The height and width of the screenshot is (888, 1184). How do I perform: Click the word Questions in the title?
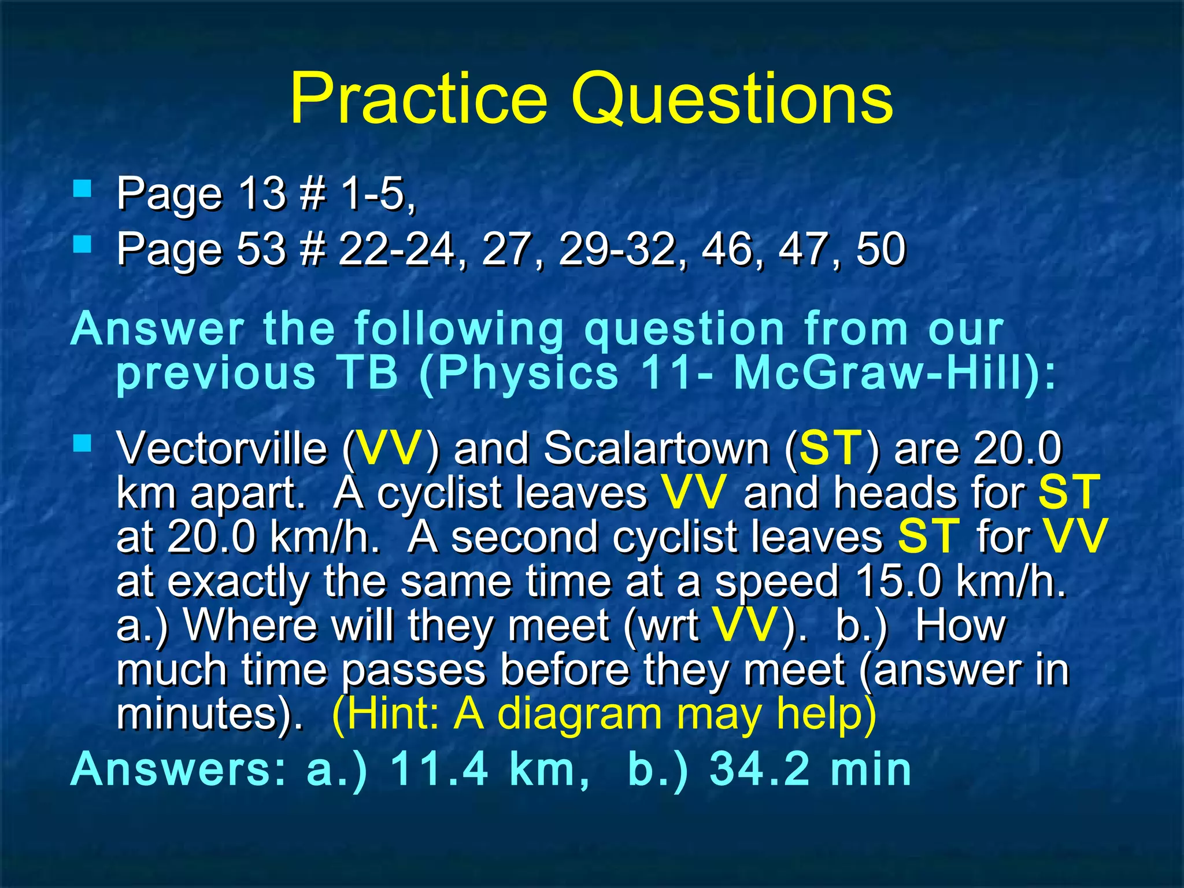(x=732, y=99)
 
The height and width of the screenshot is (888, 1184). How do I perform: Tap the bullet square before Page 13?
(x=83, y=188)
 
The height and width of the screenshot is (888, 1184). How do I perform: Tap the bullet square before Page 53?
(x=83, y=245)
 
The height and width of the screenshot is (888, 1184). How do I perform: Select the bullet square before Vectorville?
(x=83, y=443)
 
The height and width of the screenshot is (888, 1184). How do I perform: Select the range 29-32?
(x=617, y=249)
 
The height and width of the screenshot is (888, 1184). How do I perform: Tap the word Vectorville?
(x=221, y=448)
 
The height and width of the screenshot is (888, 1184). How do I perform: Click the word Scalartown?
(x=656, y=448)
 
